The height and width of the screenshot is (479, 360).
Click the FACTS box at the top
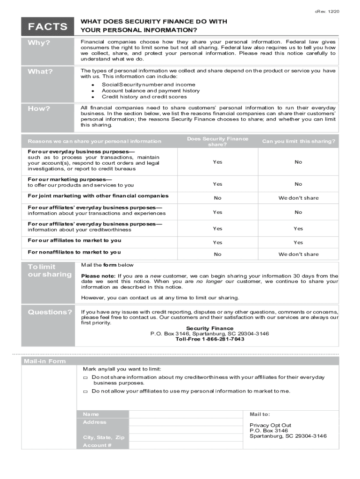coord(48,27)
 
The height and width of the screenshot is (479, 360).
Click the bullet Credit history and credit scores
coord(144,97)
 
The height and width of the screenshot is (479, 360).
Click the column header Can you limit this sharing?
coord(298,141)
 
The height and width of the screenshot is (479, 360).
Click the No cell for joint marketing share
coord(217,198)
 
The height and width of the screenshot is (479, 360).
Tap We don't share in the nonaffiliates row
coord(298,254)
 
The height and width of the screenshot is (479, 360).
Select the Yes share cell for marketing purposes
coord(217,184)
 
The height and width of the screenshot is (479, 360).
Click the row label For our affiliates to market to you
coord(74,240)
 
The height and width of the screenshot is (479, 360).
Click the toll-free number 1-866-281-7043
coord(209,339)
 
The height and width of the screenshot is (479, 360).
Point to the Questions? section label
coord(50,312)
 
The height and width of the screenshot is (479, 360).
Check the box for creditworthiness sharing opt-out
coord(85,377)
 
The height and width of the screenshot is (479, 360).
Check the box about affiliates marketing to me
coord(85,392)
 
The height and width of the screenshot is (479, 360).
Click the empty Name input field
coord(186,414)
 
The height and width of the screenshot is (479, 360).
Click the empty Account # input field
coord(186,445)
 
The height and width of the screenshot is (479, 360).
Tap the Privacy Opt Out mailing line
coord(270,425)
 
